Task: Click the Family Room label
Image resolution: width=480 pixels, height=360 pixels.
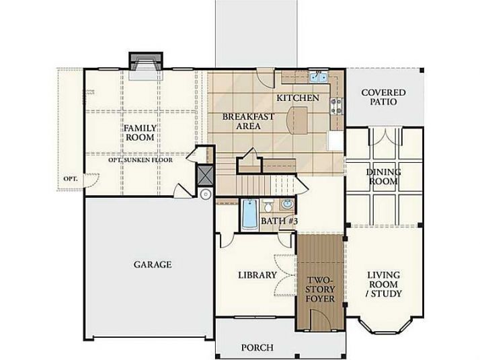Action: [141, 133]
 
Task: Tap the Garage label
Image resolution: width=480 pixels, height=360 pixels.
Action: [153, 264]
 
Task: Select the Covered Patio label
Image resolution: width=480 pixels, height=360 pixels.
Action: [384, 97]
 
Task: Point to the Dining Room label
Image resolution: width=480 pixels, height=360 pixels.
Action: [384, 177]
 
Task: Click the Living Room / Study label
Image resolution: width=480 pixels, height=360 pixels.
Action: [384, 285]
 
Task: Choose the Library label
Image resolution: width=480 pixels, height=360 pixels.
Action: [257, 275]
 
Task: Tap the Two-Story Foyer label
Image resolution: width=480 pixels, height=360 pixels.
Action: [320, 289]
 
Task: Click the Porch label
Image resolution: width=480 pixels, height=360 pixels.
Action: [257, 347]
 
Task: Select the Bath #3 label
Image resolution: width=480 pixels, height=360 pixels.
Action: [279, 221]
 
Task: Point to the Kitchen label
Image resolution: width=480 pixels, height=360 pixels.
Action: [298, 98]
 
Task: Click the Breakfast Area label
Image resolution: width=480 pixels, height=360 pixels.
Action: [248, 121]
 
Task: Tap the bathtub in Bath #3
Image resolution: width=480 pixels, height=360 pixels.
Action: [250, 215]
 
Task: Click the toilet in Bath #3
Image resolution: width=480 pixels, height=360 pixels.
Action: [268, 206]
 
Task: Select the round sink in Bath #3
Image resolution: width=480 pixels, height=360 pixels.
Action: [288, 204]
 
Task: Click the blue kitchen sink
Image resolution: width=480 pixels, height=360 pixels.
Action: [319, 77]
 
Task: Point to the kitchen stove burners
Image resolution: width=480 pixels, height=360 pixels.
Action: [336, 106]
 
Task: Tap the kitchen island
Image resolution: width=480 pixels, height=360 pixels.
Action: [297, 120]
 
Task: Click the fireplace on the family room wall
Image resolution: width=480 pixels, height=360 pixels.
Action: [146, 66]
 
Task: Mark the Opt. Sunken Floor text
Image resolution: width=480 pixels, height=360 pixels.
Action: [141, 160]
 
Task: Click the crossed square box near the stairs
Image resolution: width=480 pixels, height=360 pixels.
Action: [205, 175]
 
